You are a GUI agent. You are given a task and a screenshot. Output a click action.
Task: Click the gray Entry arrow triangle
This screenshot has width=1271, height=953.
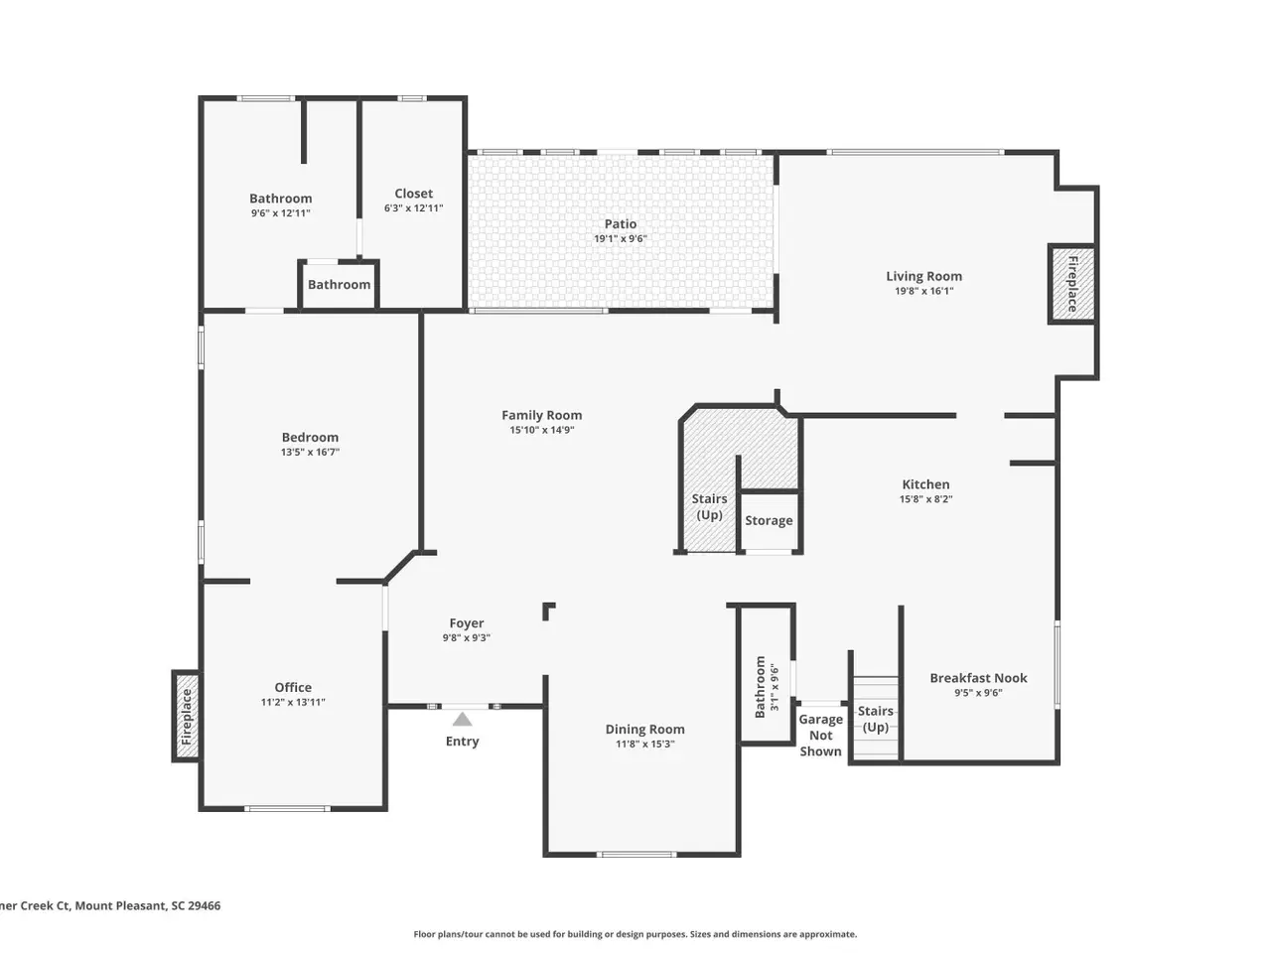[462, 720]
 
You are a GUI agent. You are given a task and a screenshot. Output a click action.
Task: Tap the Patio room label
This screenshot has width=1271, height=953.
[621, 224]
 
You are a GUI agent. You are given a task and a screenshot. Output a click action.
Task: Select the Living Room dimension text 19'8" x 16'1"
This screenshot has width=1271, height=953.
[923, 291]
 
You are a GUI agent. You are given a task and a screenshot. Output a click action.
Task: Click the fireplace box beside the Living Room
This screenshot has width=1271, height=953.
[1071, 284]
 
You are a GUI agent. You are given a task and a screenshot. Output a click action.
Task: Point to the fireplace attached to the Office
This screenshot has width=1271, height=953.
[186, 717]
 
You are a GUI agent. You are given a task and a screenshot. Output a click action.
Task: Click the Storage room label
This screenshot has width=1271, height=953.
[769, 521]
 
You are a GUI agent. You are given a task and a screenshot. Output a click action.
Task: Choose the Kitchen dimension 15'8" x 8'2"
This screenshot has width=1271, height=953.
[925, 499]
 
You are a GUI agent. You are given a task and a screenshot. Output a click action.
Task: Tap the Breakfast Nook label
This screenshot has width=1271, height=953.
[978, 678]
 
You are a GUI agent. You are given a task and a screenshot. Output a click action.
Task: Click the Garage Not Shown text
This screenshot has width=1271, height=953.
[820, 736]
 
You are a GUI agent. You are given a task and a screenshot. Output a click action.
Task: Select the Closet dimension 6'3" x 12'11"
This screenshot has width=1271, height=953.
[413, 208]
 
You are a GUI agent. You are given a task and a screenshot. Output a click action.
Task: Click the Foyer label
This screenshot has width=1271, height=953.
[466, 623]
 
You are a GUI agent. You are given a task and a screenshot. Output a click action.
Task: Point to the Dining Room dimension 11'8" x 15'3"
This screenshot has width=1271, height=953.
[644, 745]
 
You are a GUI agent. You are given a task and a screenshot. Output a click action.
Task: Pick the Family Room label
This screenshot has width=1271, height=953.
[541, 415]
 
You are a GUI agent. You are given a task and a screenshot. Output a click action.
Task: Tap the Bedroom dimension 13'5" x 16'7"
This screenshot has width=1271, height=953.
[310, 452]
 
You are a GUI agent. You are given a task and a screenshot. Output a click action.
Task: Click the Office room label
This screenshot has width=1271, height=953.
[293, 687]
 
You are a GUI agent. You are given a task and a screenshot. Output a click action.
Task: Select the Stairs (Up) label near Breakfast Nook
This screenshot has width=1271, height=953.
[875, 720]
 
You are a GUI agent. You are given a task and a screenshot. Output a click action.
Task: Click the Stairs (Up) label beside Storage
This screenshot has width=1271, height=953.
[709, 507]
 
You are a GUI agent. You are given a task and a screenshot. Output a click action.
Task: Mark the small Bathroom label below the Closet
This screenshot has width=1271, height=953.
[339, 285]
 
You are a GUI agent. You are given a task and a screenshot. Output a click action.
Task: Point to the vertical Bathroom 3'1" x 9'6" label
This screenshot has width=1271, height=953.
[767, 687]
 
